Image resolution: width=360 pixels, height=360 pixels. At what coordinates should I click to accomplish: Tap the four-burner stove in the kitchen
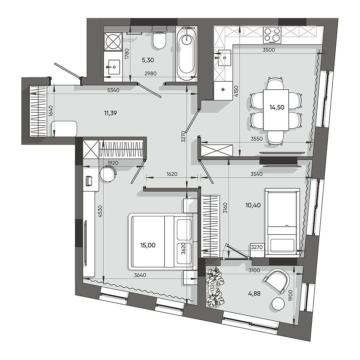[272, 35]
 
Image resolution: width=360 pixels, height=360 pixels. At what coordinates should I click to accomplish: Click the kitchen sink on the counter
[224, 58]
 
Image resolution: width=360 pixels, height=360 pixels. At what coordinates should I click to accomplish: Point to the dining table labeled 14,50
[276, 110]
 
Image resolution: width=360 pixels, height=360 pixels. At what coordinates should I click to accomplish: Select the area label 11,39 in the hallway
[110, 113]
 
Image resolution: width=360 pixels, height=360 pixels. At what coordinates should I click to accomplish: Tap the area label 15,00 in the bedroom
[148, 245]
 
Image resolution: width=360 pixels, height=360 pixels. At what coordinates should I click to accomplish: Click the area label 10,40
[253, 205]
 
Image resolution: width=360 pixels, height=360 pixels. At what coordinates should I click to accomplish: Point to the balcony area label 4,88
[254, 294]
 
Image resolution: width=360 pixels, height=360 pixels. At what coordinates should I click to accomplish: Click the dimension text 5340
[113, 90]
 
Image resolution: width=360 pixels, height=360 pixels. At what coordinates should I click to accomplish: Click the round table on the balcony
[278, 304]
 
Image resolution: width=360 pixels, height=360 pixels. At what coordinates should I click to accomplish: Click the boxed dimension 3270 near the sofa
[257, 247]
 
